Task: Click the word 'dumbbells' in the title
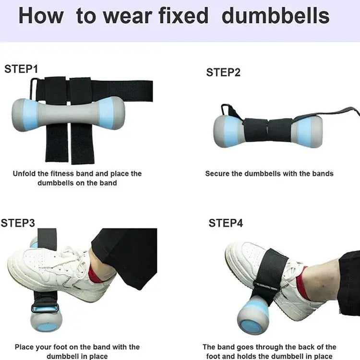click(x=276, y=16)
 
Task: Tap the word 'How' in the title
click(x=41, y=16)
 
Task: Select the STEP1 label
click(x=21, y=69)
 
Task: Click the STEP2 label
click(x=223, y=72)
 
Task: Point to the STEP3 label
click(x=18, y=223)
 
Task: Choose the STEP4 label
click(x=226, y=223)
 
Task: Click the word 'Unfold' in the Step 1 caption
click(x=24, y=174)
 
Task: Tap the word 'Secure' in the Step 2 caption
click(x=217, y=174)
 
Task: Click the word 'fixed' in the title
click(x=183, y=16)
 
